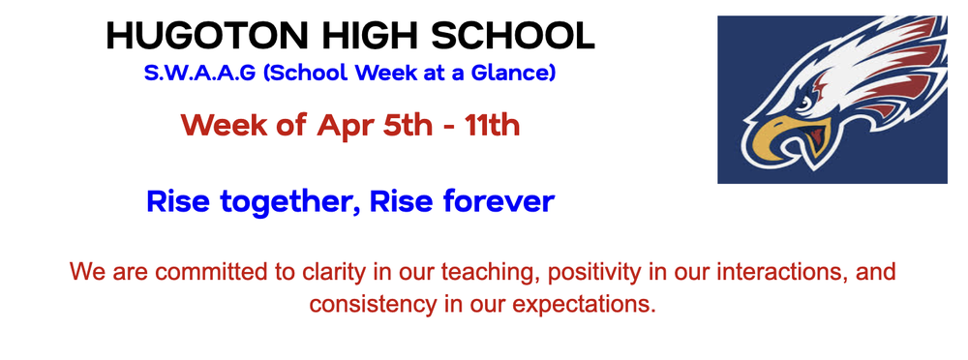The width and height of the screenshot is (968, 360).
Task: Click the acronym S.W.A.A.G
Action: [194, 74]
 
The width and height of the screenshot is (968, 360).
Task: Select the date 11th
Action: [491, 125]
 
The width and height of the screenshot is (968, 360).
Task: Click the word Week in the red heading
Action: [218, 125]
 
